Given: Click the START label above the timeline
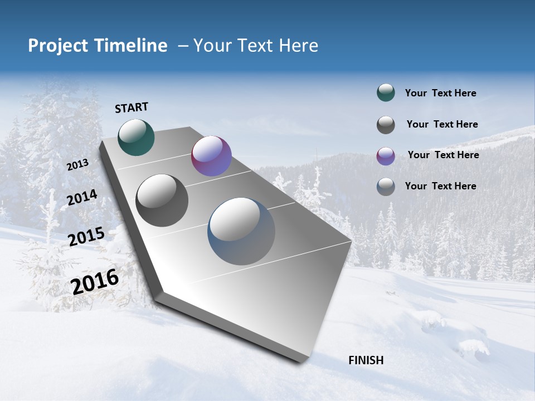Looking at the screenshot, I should (x=132, y=107).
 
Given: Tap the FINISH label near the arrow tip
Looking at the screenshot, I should (x=366, y=360).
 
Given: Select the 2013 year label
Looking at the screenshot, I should (x=77, y=164).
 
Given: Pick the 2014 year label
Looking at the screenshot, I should (x=82, y=198).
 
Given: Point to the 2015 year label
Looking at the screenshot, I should (x=86, y=237).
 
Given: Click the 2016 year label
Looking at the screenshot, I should (x=95, y=281).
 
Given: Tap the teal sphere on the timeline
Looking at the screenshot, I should (x=136, y=137).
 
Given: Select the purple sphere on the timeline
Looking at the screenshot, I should (x=211, y=156).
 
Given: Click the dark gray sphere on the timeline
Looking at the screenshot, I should (x=162, y=200).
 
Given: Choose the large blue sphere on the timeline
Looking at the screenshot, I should (x=241, y=231).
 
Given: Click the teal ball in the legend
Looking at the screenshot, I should (x=386, y=93).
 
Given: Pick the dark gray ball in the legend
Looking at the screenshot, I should (x=386, y=125).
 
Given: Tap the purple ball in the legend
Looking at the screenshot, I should (x=386, y=156).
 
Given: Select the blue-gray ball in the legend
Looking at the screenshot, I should (x=386, y=187).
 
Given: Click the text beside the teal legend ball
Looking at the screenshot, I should (x=440, y=93).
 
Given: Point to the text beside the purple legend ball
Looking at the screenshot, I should (x=443, y=155).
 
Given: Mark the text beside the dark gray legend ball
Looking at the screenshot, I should (x=442, y=124).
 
